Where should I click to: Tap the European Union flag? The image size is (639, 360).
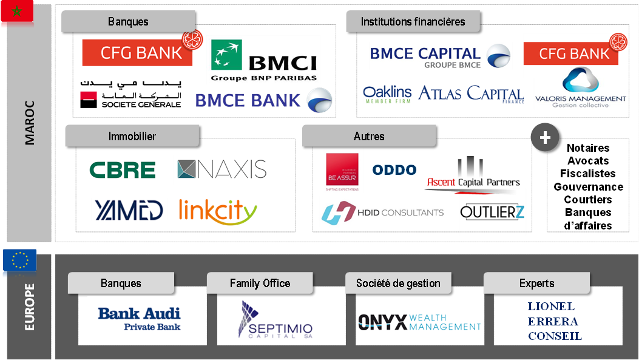point(19,261)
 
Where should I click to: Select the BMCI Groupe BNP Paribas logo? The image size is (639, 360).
point(264,60)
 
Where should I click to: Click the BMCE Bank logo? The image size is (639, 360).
point(264,100)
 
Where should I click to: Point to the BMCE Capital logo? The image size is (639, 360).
point(441,56)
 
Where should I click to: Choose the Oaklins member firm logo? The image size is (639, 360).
point(387,95)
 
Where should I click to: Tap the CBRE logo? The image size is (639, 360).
point(123,170)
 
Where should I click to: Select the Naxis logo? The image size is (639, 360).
point(221,170)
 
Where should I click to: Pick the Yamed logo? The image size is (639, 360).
point(129,209)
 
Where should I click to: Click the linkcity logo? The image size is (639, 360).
point(218,210)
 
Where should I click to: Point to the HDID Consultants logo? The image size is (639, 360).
point(385,212)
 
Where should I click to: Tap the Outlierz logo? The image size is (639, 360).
point(492,211)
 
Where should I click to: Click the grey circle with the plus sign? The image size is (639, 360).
point(544,138)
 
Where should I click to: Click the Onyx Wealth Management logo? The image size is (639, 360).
point(419,322)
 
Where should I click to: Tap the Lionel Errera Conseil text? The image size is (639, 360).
point(555,321)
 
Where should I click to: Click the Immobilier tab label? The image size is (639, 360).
point(132,136)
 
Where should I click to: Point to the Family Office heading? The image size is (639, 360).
point(260,283)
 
